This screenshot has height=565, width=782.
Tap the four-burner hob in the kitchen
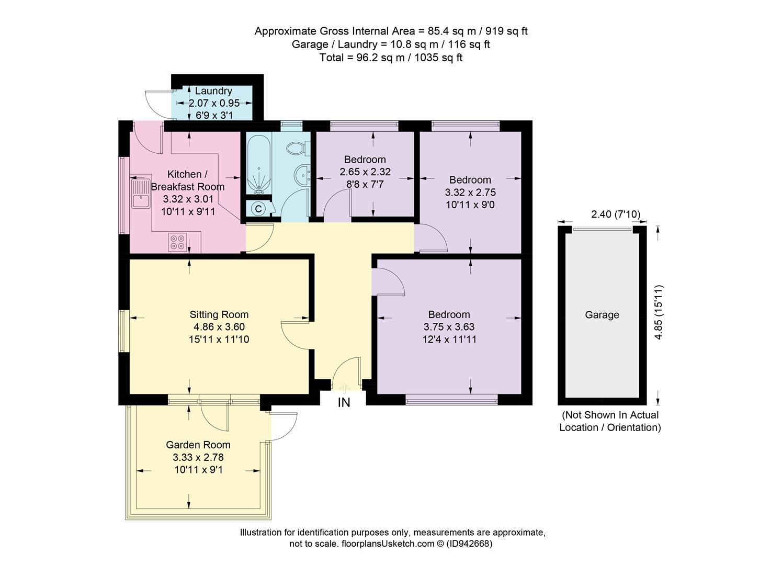tap(176, 242)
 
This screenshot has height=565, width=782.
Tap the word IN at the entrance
tap(344, 402)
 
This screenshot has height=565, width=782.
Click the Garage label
tap(602, 315)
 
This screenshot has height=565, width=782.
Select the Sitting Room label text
tap(219, 314)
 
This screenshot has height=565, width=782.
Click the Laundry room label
tap(213, 91)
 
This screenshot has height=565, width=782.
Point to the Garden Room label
tap(198, 445)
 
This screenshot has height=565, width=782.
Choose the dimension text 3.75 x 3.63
tap(449, 327)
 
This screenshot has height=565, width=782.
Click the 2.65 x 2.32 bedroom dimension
tap(365, 172)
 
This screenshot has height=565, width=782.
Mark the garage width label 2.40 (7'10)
tap(615, 214)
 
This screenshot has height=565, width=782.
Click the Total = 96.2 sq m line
tap(391, 58)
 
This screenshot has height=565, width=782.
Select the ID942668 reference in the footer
tap(469, 544)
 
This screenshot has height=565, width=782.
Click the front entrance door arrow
tap(344, 388)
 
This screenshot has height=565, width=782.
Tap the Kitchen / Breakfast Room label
tap(187, 180)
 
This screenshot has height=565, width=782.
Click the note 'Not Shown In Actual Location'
tap(610, 421)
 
